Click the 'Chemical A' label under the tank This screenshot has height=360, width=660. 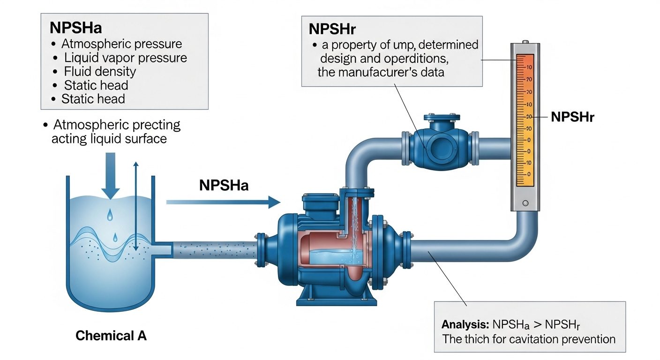pos(111,336)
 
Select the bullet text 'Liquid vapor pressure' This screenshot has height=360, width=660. pos(125,58)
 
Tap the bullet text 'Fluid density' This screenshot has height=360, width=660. pos(100,71)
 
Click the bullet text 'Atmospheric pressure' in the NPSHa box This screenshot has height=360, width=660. pos(121,44)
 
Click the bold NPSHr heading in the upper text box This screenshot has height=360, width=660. pos(332,29)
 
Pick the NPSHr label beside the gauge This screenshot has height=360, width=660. pos(572,117)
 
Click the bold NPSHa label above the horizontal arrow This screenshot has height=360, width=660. pos(224,185)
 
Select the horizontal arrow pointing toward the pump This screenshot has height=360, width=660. pos(223,202)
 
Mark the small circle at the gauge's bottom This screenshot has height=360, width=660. pos(525,203)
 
